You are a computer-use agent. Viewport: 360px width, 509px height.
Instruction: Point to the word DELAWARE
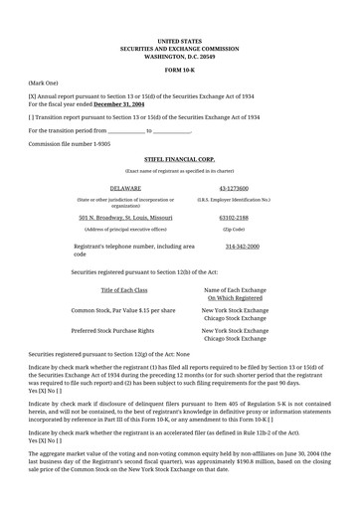124,187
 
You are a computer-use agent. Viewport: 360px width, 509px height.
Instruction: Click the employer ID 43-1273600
234,187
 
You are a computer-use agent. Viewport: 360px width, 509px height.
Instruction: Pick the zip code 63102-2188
234,217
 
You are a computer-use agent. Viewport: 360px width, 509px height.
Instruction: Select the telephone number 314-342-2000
242,246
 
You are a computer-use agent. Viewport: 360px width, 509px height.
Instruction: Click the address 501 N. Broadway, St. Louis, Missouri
125,217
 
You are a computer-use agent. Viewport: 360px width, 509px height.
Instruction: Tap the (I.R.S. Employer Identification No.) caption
234,199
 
